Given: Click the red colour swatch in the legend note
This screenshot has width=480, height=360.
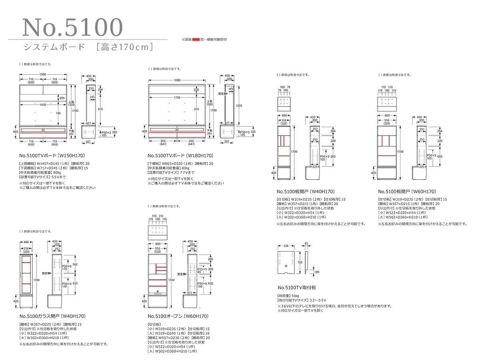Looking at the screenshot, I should click(196, 40).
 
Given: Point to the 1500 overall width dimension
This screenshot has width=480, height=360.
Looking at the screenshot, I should click(43, 74).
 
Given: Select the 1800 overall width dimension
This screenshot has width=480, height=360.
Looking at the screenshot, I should click(177, 80).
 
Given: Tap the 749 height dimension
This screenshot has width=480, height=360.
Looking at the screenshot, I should click(58, 113).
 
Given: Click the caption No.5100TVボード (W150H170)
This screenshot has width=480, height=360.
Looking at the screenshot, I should click(52, 155).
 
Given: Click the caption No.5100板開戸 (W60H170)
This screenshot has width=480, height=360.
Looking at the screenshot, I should click(407, 192).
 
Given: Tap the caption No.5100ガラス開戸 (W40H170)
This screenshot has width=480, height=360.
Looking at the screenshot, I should click(52, 316).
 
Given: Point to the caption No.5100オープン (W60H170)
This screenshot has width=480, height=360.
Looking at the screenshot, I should click(178, 316).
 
